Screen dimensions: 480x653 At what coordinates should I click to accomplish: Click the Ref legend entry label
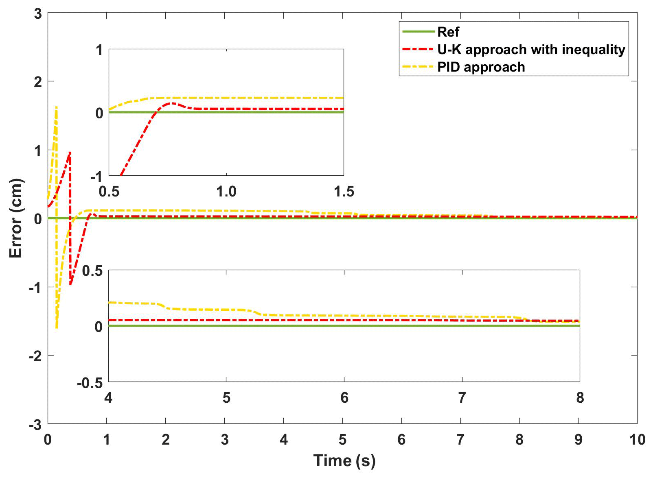pos(448,32)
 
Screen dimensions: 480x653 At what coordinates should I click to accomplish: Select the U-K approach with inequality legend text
pos(531,50)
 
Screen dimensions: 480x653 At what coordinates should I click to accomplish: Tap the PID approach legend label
pos(481,67)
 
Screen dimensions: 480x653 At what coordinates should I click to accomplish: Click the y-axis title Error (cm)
pos(15,218)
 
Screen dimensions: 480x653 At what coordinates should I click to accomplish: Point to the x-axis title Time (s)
pos(344,461)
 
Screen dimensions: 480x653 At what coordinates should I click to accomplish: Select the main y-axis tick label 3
pos(38,14)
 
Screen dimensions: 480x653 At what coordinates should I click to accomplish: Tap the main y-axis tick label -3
pos(36,425)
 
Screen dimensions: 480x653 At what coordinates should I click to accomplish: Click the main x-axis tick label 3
pos(225,440)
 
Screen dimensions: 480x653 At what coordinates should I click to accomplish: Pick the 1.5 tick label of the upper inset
pos(344,192)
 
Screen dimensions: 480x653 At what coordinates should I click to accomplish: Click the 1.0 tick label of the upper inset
pos(226,192)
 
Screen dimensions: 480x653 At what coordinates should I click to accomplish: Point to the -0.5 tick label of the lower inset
pos(90,383)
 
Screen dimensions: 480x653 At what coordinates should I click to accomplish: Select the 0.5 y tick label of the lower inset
pos(92,271)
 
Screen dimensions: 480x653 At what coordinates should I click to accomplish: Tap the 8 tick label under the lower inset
pos(580,397)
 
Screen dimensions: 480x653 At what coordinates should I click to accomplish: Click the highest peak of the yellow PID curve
pos(56,107)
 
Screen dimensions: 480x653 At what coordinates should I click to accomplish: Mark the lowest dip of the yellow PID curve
pos(56,328)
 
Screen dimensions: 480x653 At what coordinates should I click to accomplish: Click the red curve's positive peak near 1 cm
pos(70,153)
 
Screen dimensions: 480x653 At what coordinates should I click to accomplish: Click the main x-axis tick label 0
pos(48,440)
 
